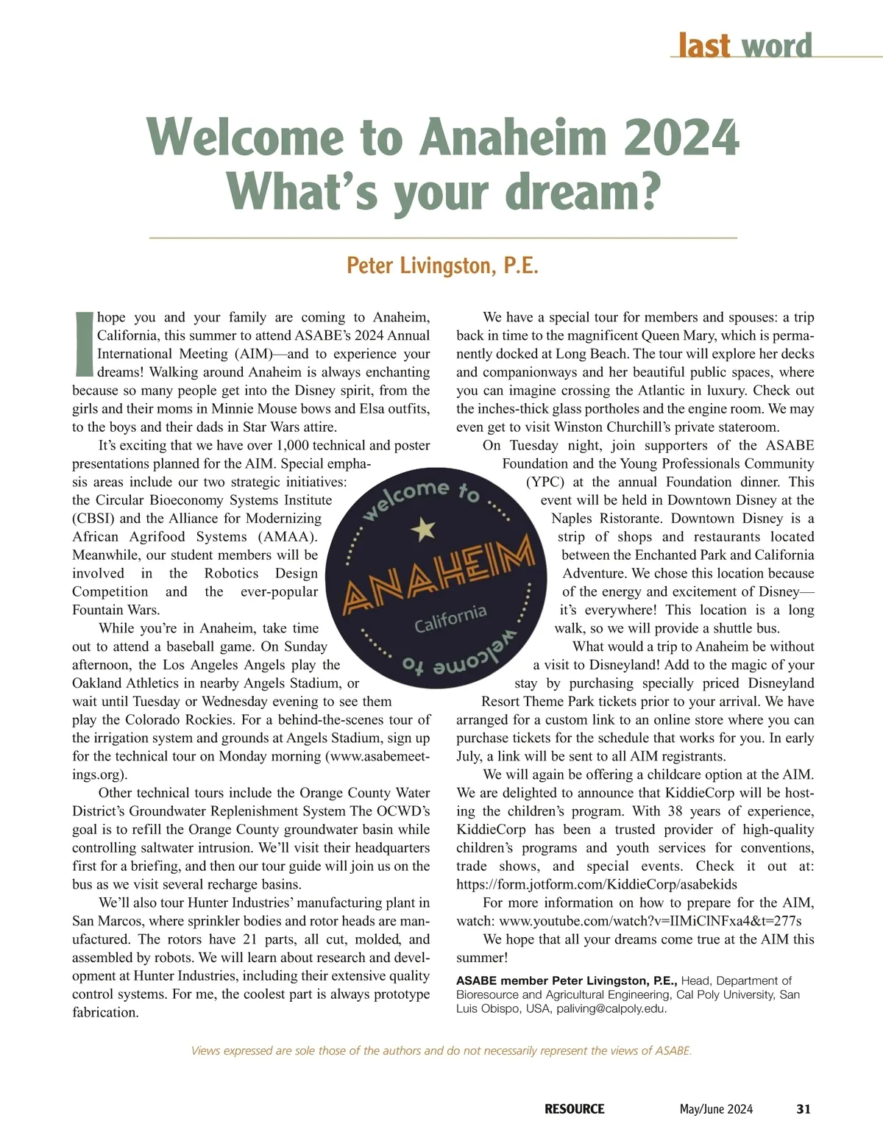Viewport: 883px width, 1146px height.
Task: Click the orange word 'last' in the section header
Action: click(x=703, y=46)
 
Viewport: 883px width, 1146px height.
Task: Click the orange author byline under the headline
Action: click(x=442, y=266)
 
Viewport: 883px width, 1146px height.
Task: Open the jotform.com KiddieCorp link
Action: click(x=596, y=885)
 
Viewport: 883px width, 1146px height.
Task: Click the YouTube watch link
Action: click(x=650, y=921)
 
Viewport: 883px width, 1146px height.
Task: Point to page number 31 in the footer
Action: click(x=804, y=1108)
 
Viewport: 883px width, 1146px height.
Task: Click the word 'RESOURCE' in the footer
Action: click(x=574, y=1108)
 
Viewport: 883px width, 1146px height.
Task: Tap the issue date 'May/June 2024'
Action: click(x=716, y=1108)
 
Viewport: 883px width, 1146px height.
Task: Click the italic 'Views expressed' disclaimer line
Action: click(x=441, y=1050)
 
